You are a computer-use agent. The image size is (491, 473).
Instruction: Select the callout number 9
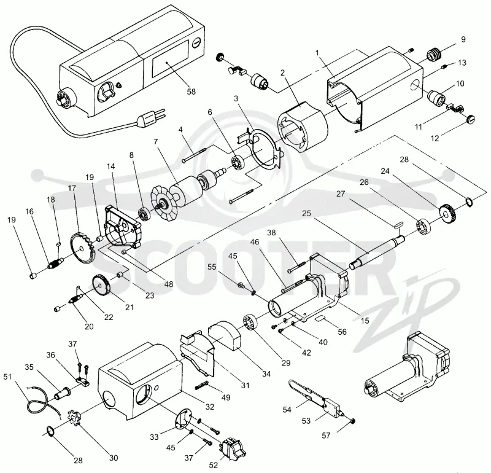click(463, 39)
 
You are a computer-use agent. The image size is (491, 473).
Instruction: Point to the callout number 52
click(213, 465)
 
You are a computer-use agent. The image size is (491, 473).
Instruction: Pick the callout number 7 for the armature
click(156, 142)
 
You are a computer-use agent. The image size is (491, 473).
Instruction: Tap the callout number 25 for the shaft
click(306, 213)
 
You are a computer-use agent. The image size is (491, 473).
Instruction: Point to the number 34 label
click(266, 373)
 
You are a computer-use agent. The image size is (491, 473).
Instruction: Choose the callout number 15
click(365, 320)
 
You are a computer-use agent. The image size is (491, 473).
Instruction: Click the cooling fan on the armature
click(164, 204)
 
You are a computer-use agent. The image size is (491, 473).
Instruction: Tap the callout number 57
click(326, 435)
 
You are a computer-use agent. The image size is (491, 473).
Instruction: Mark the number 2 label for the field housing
click(283, 72)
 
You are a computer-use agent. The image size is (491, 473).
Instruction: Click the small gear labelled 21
click(101, 285)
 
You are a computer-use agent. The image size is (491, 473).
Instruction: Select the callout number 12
click(435, 138)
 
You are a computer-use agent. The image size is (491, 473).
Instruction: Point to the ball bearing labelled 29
click(250, 323)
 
